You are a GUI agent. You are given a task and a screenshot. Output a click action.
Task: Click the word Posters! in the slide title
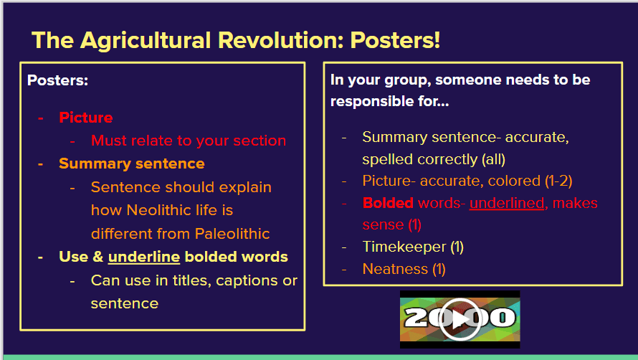click(395, 40)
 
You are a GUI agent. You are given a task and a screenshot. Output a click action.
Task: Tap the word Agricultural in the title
click(146, 41)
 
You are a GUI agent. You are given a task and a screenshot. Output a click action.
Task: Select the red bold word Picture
click(86, 118)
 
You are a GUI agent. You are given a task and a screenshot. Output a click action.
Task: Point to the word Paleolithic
click(232, 234)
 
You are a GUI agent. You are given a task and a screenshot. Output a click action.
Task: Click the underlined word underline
click(144, 257)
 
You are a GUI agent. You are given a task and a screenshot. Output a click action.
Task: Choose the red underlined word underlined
click(507, 203)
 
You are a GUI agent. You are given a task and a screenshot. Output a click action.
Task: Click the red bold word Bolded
click(388, 203)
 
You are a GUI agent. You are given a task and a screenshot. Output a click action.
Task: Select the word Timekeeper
click(404, 247)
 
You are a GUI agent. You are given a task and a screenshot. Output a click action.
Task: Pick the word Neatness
click(395, 269)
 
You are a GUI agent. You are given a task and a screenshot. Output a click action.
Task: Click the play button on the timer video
click(460, 319)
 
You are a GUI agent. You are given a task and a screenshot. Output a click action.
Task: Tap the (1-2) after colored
click(558, 181)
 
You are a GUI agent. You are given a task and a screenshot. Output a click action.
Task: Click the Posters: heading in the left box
click(57, 80)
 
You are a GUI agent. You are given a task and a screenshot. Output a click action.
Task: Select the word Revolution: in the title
click(281, 40)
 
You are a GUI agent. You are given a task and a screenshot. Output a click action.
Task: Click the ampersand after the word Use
click(98, 257)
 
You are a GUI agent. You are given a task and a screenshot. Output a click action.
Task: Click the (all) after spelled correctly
click(494, 159)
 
